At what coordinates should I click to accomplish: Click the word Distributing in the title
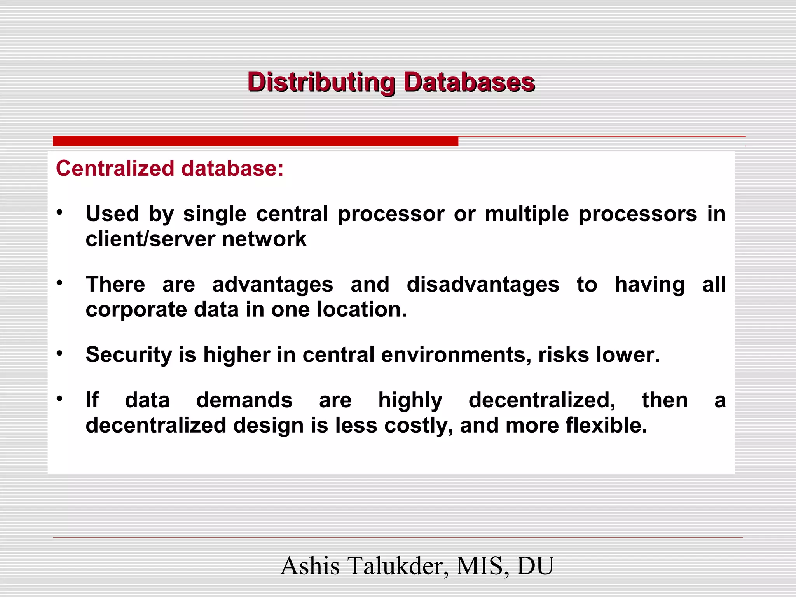(321, 82)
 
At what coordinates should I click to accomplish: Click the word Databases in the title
(469, 82)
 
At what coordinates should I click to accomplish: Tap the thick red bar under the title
(255, 141)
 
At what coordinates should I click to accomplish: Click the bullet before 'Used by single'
(59, 213)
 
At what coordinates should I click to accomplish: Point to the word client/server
(150, 239)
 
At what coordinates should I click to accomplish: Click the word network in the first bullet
(264, 239)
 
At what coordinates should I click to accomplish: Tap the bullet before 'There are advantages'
(59, 283)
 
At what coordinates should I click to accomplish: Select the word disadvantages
(483, 284)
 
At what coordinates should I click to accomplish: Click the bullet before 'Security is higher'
(59, 353)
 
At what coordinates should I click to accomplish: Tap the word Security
(129, 355)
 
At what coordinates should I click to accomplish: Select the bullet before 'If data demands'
(59, 399)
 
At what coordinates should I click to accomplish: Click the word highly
(410, 401)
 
